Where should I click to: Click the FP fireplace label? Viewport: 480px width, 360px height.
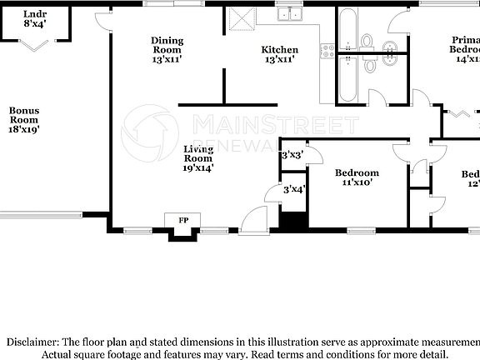[182, 220]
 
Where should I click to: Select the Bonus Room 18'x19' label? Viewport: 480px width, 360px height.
[24, 119]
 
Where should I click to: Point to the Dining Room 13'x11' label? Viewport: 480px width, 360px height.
[167, 50]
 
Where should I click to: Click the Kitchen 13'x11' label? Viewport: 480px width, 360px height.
[279, 55]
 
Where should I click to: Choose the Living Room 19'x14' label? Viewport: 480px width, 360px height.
[197, 157]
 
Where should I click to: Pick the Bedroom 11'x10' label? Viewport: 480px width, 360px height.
[357, 177]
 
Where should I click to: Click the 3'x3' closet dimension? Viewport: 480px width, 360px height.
[292, 155]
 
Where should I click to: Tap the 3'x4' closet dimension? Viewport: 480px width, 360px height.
[293, 189]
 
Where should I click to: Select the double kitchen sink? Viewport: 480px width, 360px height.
[291, 13]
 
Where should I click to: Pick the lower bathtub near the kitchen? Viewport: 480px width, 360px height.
[347, 77]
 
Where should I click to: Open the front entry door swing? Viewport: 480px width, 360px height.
[251, 219]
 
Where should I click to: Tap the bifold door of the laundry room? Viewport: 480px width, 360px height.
[34, 45]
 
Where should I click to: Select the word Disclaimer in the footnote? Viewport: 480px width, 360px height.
[32, 342]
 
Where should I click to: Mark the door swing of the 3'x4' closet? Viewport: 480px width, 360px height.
[273, 195]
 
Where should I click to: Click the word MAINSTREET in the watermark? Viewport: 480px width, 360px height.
[275, 125]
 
